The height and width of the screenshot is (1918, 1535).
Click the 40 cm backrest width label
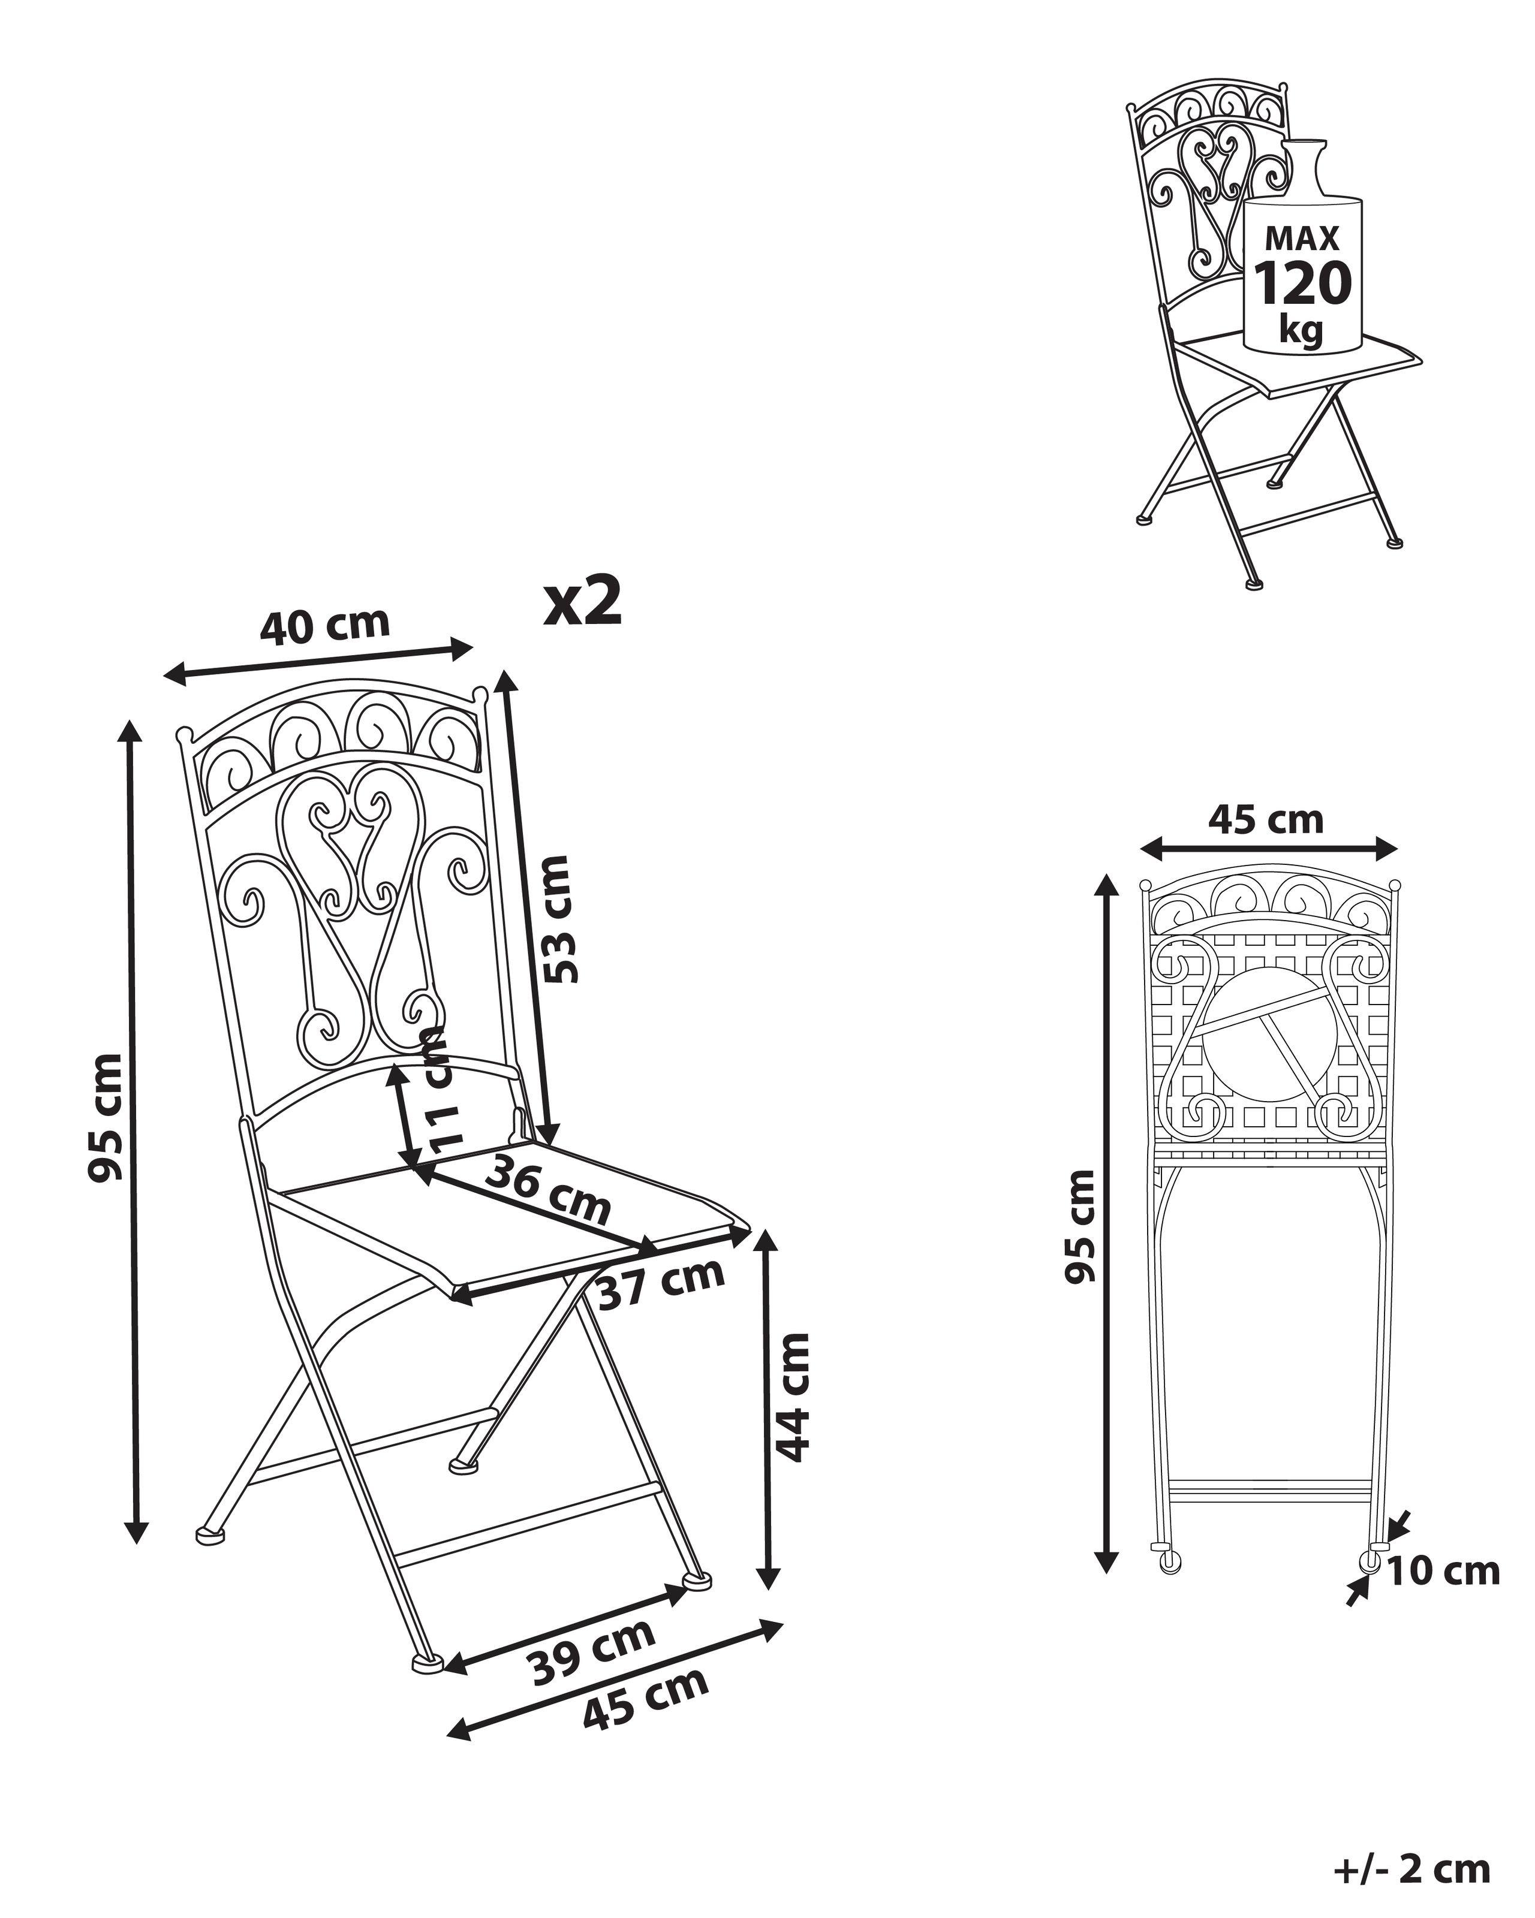click(x=325, y=625)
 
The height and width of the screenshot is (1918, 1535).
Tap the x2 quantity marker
click(x=583, y=603)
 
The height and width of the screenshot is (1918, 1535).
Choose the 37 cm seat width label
click(x=660, y=1283)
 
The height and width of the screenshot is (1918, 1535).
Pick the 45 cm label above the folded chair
click(x=1265, y=819)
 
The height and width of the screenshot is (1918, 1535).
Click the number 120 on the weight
click(x=1302, y=284)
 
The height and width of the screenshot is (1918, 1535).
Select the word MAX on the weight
click(x=1302, y=239)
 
